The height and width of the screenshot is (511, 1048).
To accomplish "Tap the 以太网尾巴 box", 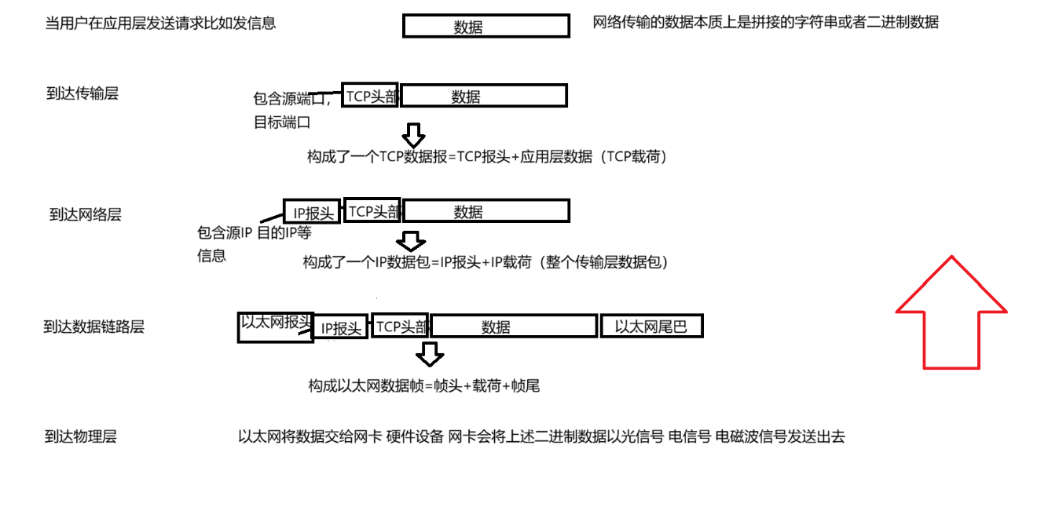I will pyautogui.click(x=651, y=327).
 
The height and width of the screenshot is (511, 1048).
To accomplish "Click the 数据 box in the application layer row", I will pyautogui.click(x=486, y=27).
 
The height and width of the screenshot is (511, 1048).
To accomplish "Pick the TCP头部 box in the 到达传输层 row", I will pyautogui.click(x=370, y=96).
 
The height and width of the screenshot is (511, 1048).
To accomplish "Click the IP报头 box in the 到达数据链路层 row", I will pyautogui.click(x=341, y=328).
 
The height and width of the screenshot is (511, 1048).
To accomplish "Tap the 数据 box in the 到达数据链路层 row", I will pyautogui.click(x=513, y=327).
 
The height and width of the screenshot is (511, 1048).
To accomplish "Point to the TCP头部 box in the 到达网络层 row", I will pyautogui.click(x=372, y=211).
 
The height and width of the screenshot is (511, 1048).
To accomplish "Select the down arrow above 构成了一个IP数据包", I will pyautogui.click(x=411, y=240).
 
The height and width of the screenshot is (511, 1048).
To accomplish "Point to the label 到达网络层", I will pyautogui.click(x=86, y=214).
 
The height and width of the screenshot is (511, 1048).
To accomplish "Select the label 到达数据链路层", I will pyautogui.click(x=94, y=327).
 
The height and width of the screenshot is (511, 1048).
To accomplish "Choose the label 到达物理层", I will pyautogui.click(x=81, y=437).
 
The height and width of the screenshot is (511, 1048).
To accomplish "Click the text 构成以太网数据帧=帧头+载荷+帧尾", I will pyautogui.click(x=424, y=385).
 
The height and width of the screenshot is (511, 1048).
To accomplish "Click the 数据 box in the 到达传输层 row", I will pyautogui.click(x=484, y=97).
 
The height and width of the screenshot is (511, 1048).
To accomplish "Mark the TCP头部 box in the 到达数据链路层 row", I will pyautogui.click(x=401, y=327).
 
